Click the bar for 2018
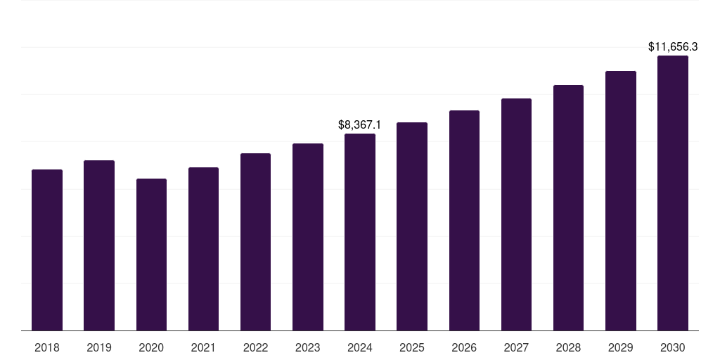pos(47,250)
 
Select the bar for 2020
pos(151,255)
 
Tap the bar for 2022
pos(255,242)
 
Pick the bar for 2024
pos(360,232)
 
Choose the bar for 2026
pos(464,220)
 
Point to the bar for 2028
pos(568,207)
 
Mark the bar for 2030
pos(673,193)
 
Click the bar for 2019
pos(99,245)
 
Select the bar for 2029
pos(621,200)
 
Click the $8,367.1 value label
pos(359,125)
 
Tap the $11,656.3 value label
pos(673,47)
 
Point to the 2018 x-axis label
pos(47,347)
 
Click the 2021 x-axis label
pos(203,347)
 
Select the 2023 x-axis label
pos(308,347)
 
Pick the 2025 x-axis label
pos(412,347)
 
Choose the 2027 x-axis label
pos(516,347)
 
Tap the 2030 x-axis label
pos(673,347)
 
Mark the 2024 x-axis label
pos(360,347)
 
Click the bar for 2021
pos(203,249)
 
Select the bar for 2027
pos(516,214)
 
